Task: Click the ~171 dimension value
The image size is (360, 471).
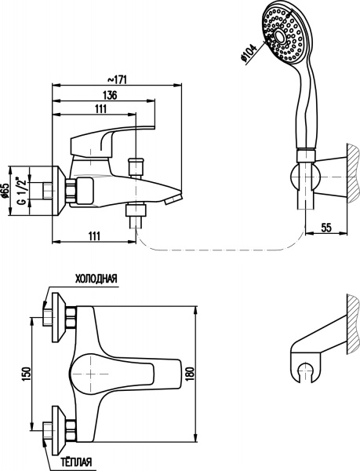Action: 117,79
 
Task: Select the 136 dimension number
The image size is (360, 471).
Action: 110,95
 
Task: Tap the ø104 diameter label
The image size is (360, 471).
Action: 249,53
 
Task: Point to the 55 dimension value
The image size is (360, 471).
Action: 326,228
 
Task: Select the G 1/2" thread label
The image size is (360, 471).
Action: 22,191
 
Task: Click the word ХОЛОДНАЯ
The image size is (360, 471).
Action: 96,279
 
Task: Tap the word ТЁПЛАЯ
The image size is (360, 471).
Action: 76,462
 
